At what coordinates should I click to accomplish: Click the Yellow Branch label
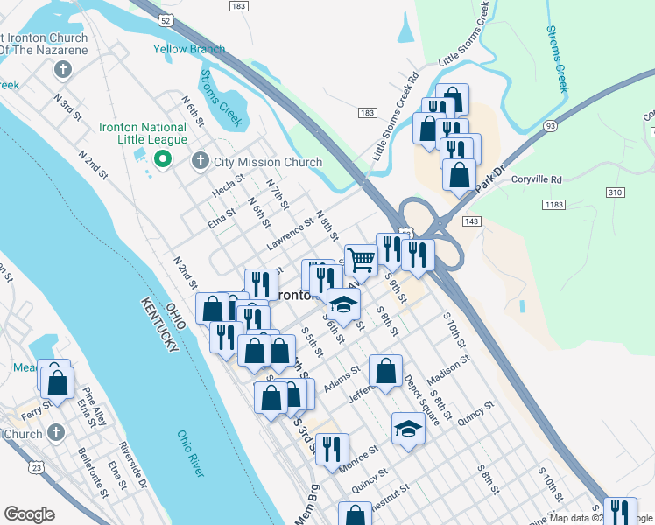click(188, 49)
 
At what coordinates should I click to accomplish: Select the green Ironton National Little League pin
click(161, 159)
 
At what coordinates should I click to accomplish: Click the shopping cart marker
click(361, 259)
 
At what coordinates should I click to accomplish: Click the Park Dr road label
click(491, 178)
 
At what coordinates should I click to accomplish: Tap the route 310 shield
click(615, 192)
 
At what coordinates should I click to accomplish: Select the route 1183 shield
click(552, 204)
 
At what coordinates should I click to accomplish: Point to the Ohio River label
click(191, 453)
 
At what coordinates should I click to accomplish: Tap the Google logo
click(29, 514)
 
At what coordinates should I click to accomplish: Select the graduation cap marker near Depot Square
click(408, 429)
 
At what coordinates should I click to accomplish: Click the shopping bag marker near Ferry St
click(57, 383)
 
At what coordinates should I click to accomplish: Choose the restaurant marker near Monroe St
click(331, 450)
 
